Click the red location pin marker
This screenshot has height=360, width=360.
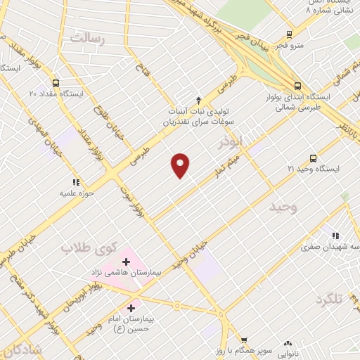pyautogui.click(x=181, y=165)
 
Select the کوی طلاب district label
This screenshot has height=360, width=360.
pyautogui.click(x=87, y=248)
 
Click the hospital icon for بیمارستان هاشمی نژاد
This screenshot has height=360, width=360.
pyautogui.click(x=136, y=262)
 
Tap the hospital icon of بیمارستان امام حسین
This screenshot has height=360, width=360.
pyautogui.click(x=131, y=308)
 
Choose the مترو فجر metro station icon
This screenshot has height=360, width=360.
pyautogui.click(x=289, y=34)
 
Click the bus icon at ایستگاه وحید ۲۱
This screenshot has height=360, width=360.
pyautogui.click(x=313, y=158)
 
